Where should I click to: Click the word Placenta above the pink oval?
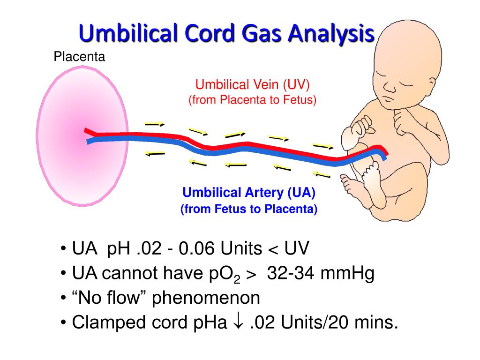coord(79,57)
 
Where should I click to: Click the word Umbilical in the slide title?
coord(123,34)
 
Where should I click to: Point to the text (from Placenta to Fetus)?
coord(253,100)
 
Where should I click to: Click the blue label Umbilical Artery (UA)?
coord(249,192)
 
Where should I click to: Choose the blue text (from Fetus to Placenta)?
coord(249,209)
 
